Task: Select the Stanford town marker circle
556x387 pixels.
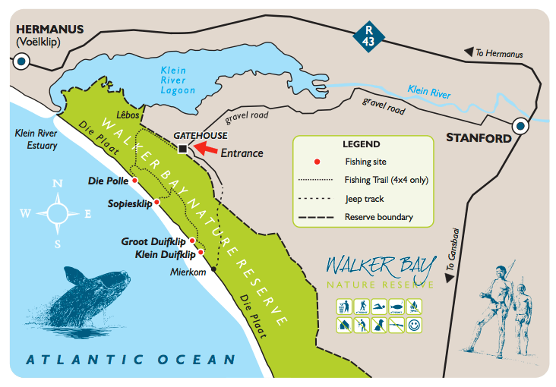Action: click(521, 126)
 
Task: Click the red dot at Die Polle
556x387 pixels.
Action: click(134, 181)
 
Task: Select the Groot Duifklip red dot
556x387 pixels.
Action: click(191, 241)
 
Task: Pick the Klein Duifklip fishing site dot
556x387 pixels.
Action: click(200, 253)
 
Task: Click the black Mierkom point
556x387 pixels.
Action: click(214, 269)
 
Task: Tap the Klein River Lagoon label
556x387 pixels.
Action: click(177, 80)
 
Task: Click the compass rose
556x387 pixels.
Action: click(58, 212)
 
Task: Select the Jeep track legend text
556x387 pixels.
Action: click(364, 199)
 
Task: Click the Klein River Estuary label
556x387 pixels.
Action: click(36, 138)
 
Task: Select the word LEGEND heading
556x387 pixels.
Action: click(361, 144)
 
